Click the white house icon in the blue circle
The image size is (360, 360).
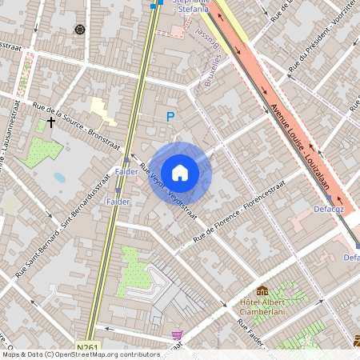180,172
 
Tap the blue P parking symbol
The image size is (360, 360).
170,117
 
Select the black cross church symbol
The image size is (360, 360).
51,123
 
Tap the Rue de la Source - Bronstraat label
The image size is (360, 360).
70,118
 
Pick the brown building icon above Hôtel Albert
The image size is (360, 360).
262,290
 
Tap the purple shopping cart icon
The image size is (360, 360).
176,335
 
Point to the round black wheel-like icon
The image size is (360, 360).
79,30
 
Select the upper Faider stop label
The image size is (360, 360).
126,171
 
